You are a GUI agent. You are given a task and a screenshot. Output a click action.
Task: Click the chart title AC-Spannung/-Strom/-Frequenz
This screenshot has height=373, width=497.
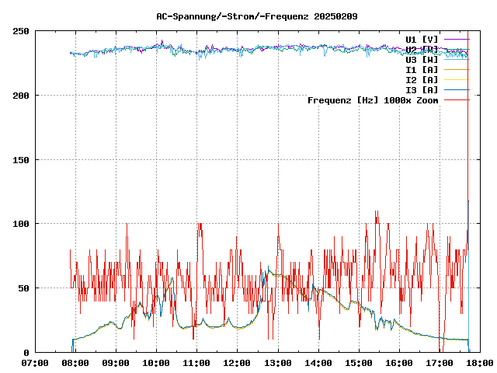pos(234,16)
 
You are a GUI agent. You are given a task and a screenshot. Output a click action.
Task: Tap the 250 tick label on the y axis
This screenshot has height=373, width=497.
pos(21,31)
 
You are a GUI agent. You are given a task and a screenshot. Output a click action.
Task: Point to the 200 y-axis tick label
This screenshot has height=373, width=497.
pos(21,96)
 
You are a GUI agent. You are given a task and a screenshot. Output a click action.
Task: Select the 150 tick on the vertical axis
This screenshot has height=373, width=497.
pos(21,160)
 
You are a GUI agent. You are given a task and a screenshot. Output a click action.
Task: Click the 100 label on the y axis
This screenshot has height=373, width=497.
pos(21,224)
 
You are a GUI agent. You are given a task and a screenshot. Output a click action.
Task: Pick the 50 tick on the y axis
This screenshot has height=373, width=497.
pos(23,288)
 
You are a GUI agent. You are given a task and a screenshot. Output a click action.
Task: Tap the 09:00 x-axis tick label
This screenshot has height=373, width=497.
pos(115,363)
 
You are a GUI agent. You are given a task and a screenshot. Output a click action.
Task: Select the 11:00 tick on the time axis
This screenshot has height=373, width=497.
pos(196,363)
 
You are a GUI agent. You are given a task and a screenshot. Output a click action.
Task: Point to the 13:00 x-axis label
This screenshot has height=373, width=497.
pos(277,363)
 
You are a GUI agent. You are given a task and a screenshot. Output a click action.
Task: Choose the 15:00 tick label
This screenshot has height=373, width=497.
pos(358,363)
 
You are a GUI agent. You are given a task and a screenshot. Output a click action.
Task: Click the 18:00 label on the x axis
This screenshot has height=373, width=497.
pos(479,363)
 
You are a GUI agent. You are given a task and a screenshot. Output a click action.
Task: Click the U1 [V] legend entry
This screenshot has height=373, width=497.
pos(422,39)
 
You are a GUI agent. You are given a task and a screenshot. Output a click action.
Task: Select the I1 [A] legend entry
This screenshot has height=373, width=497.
pos(422,69)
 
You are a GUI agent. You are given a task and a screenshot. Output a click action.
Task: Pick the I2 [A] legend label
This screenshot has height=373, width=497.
pos(422,79)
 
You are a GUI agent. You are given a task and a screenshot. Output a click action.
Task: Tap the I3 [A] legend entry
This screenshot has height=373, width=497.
pos(422,89)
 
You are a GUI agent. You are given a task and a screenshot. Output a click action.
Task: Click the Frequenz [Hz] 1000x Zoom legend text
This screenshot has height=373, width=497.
pos(373,99)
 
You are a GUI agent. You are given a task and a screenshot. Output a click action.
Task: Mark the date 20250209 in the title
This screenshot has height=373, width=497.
pos(335,16)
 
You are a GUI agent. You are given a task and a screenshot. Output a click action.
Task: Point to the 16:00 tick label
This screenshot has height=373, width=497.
pos(398,363)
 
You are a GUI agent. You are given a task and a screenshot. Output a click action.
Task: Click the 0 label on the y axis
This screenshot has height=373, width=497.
pos(26,352)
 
